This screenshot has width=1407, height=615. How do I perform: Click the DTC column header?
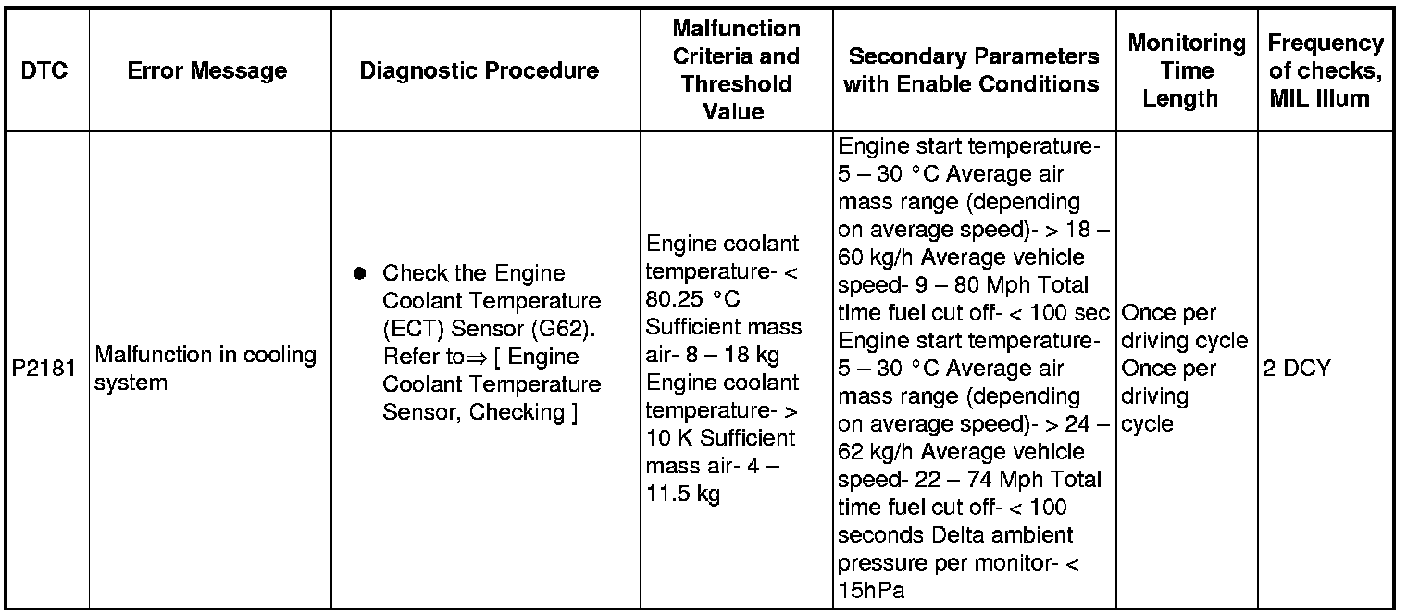[x=44, y=70]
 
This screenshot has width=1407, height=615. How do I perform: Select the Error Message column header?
[x=206, y=71]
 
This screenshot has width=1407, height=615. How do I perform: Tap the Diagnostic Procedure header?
[x=479, y=71]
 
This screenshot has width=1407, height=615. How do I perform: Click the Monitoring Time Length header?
[x=1187, y=70]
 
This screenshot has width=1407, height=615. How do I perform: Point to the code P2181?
[x=44, y=368]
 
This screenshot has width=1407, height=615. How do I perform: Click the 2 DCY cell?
[x=1297, y=368]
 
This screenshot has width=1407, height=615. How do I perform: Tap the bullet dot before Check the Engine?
[x=359, y=273]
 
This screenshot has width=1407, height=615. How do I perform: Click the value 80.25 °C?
[x=692, y=299]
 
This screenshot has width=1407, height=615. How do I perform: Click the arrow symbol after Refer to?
[x=477, y=358]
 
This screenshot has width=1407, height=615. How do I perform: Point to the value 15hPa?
[x=871, y=591]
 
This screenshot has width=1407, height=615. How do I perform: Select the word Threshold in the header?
[x=736, y=84]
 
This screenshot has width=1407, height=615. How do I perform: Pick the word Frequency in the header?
[x=1326, y=44]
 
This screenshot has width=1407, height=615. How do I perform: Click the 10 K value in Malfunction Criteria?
[x=669, y=438]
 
